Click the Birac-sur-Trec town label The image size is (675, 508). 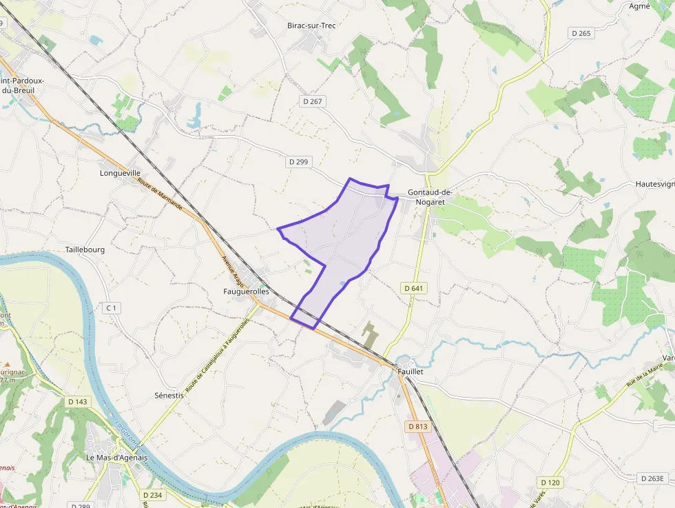click(311, 26)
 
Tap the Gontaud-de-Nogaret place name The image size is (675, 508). click(429, 197)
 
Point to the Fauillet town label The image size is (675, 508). click(410, 371)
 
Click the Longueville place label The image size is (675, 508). click(120, 173)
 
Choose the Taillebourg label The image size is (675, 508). click(85, 250)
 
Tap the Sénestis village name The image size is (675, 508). click(169, 396)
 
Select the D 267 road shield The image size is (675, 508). click(313, 101)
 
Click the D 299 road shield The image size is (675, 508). click(299, 162)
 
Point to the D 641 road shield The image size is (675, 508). click(413, 288)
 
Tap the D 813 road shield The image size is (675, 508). click(417, 427)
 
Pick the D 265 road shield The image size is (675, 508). click(581, 33)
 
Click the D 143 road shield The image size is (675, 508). click(78, 401)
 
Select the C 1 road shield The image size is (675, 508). click(112, 307)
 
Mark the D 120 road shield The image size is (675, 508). click(550, 482)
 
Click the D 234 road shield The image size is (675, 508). click(152, 495)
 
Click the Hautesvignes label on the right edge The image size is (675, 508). click(654, 185)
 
